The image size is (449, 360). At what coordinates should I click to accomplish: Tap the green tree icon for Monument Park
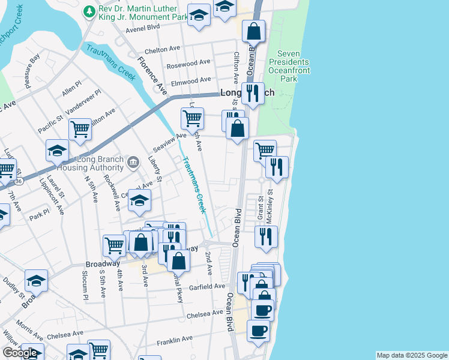[x=89, y=11]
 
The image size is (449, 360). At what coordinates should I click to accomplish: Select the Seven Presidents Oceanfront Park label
[x=289, y=66]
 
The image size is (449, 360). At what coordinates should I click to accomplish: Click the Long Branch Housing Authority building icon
[x=133, y=161]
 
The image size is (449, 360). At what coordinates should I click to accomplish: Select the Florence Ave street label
[x=152, y=75]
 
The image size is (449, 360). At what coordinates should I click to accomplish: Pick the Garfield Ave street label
[x=207, y=287]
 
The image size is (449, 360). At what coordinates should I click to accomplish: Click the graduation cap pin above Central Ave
[x=139, y=201]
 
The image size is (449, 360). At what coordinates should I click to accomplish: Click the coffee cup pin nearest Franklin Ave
[x=258, y=331]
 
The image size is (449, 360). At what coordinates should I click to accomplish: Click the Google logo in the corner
[x=19, y=353]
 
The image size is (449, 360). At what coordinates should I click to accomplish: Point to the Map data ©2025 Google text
[x=412, y=355]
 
